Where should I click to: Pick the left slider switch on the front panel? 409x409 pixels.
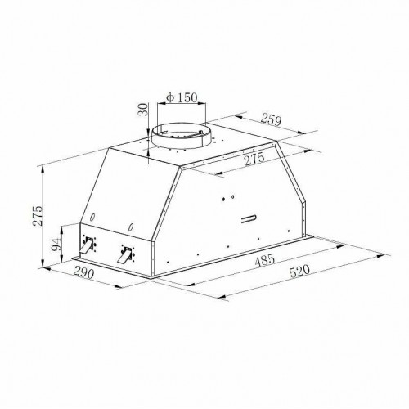[x=88, y=244]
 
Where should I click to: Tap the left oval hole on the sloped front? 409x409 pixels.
[x=93, y=216]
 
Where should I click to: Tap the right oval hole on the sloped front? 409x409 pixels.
[x=129, y=225]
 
